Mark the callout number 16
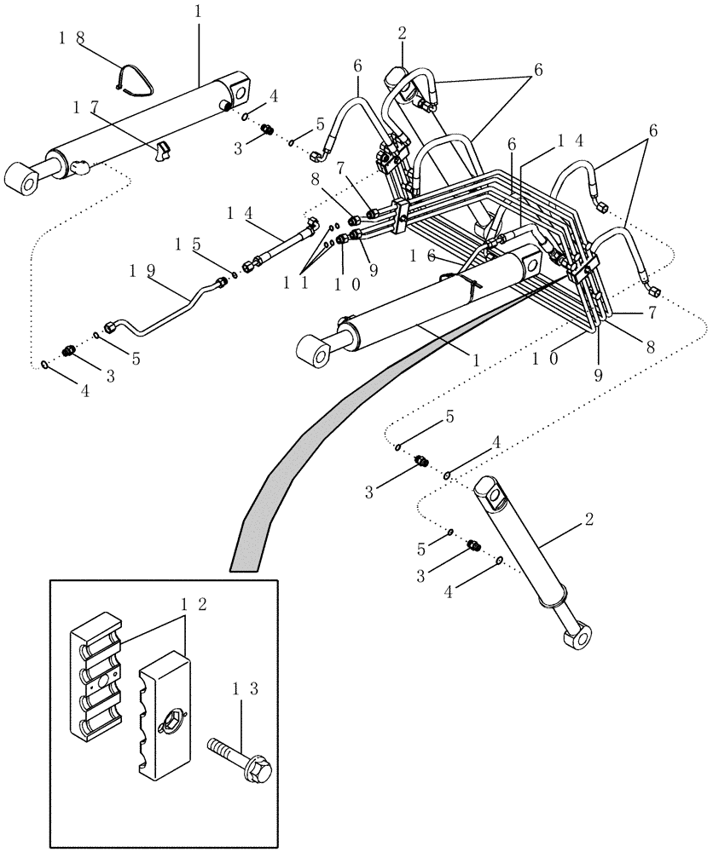[x=421, y=256]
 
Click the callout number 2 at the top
[x=402, y=33]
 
